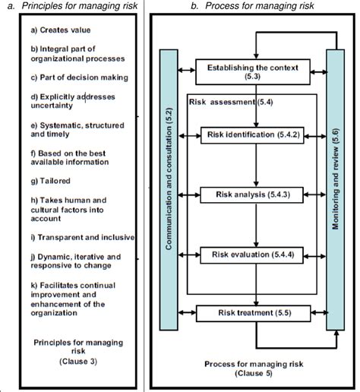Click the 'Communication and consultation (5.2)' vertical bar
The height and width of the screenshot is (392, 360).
(167, 190)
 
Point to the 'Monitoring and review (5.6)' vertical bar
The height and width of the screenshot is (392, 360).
(335, 190)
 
